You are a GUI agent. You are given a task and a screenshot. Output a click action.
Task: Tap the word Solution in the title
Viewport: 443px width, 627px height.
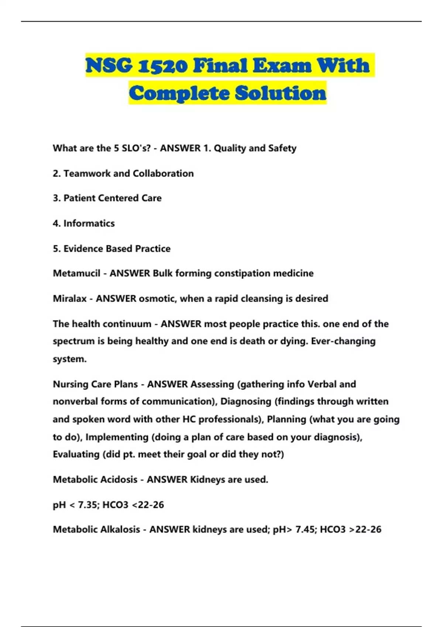(x=281, y=93)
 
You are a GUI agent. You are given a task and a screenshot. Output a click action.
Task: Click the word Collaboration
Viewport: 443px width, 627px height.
(x=163, y=173)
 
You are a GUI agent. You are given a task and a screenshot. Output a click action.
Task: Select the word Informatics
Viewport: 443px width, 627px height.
(x=89, y=224)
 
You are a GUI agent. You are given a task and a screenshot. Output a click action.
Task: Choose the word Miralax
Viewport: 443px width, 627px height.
(x=69, y=298)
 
